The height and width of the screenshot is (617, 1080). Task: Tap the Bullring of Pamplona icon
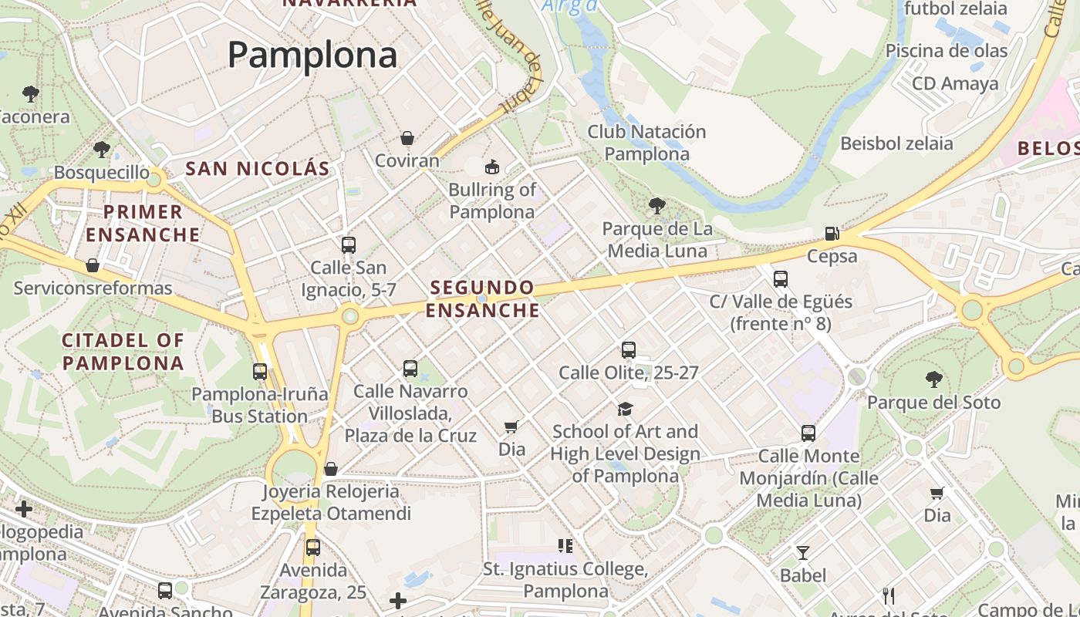[491, 167]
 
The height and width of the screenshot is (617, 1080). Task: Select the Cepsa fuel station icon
[832, 233]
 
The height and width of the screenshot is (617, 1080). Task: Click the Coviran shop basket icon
[407, 139]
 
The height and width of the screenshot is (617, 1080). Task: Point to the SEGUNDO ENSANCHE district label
[483, 298]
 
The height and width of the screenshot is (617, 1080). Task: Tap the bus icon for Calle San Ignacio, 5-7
[349, 245]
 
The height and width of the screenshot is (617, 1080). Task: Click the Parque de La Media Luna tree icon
[656, 206]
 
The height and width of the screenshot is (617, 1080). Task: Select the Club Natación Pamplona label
[646, 143]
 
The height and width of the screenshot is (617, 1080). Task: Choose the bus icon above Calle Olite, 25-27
[629, 350]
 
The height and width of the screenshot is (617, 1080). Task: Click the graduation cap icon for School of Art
[625, 409]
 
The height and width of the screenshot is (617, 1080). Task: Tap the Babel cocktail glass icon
[803, 552]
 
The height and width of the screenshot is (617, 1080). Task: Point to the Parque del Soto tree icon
[933, 379]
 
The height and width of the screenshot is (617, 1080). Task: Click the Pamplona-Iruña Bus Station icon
[260, 372]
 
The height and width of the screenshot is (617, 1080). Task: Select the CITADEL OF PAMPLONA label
[123, 352]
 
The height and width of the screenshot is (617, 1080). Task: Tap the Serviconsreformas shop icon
[93, 266]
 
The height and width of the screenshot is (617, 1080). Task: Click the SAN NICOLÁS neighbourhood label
[258, 168]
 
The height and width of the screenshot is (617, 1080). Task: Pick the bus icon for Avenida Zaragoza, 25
[312, 548]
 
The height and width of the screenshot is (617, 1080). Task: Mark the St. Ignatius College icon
[565, 546]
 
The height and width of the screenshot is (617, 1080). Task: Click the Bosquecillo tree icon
[101, 150]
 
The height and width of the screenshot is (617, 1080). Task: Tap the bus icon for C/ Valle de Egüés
[781, 278]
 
